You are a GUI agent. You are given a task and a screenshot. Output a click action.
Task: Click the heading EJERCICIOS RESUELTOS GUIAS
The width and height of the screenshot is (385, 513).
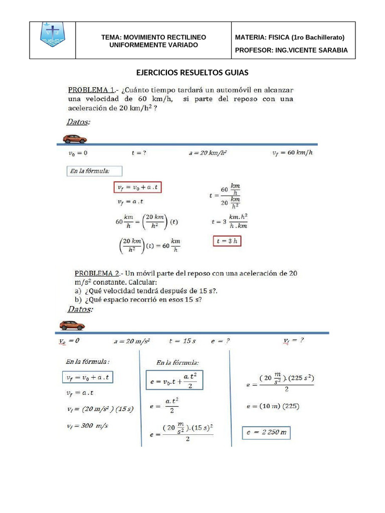[192, 73]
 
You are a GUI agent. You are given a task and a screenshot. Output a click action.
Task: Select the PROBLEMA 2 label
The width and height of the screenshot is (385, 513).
[97, 274]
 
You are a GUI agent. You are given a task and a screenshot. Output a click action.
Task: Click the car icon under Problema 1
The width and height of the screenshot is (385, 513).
[75, 139]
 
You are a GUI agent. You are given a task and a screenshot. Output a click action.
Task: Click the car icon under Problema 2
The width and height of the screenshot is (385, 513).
[72, 326]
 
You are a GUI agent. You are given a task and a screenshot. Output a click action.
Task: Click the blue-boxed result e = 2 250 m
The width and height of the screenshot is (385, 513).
[266, 432]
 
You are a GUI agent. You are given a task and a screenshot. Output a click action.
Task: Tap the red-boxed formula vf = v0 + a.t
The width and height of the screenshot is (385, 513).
[140, 187]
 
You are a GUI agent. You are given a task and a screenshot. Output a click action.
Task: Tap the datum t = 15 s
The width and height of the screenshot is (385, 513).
[182, 341]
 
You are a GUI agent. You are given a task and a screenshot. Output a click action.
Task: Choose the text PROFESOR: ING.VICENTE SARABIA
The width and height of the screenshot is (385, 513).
[291, 51]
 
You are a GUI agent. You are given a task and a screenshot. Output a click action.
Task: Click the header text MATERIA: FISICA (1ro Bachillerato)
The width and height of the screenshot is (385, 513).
[289, 38]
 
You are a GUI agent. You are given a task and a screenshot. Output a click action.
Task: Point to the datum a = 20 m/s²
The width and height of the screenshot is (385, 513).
[131, 341]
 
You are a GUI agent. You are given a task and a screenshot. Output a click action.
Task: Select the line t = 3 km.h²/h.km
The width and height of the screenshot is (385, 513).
[230, 222]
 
